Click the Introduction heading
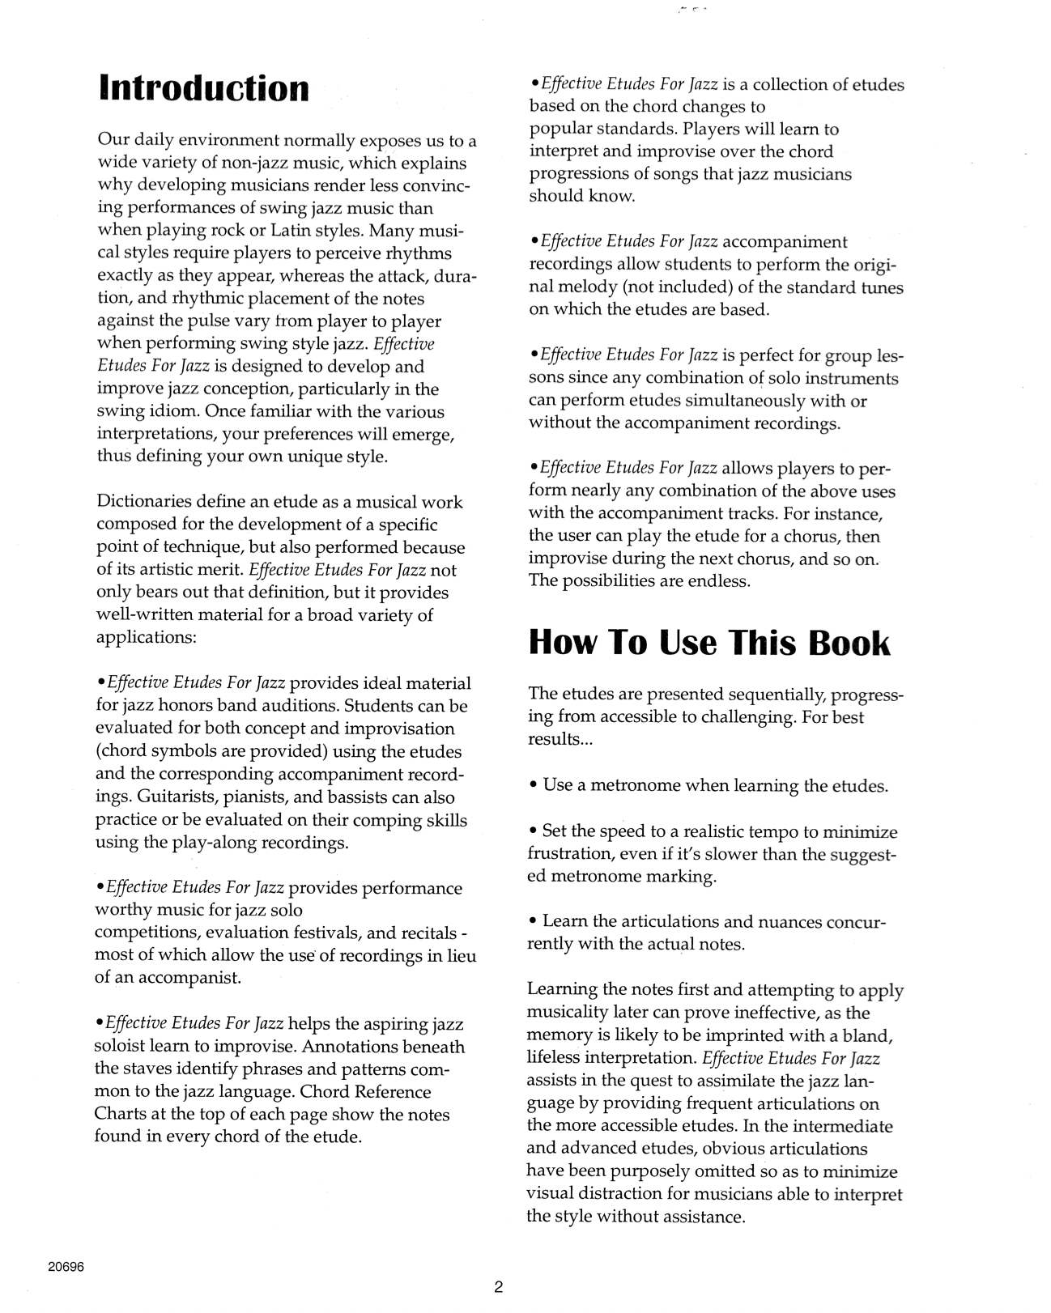click(203, 88)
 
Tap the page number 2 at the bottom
click(499, 1287)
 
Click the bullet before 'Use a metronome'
click(533, 785)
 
